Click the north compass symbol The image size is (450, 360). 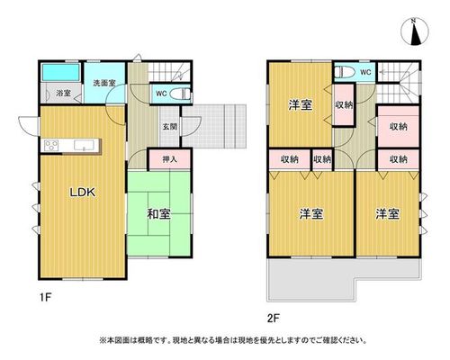[415, 31]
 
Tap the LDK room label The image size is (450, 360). [83, 193]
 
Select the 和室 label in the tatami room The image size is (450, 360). [158, 214]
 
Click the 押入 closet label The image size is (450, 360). [170, 159]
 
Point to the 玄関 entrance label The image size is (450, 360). [170, 127]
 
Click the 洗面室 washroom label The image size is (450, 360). [104, 83]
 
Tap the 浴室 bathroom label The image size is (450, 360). [63, 93]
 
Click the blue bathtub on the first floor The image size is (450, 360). [61, 72]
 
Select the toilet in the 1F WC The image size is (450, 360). [180, 94]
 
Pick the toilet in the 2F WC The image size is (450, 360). [345, 72]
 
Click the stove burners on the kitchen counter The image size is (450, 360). [51, 146]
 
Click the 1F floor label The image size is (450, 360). [47, 298]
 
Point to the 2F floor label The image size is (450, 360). [273, 318]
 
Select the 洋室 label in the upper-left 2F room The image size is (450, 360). [301, 105]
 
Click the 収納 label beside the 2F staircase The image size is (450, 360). [399, 127]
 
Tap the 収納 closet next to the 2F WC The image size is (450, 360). [344, 105]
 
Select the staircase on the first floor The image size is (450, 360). [169, 72]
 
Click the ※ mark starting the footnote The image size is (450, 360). [103, 340]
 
